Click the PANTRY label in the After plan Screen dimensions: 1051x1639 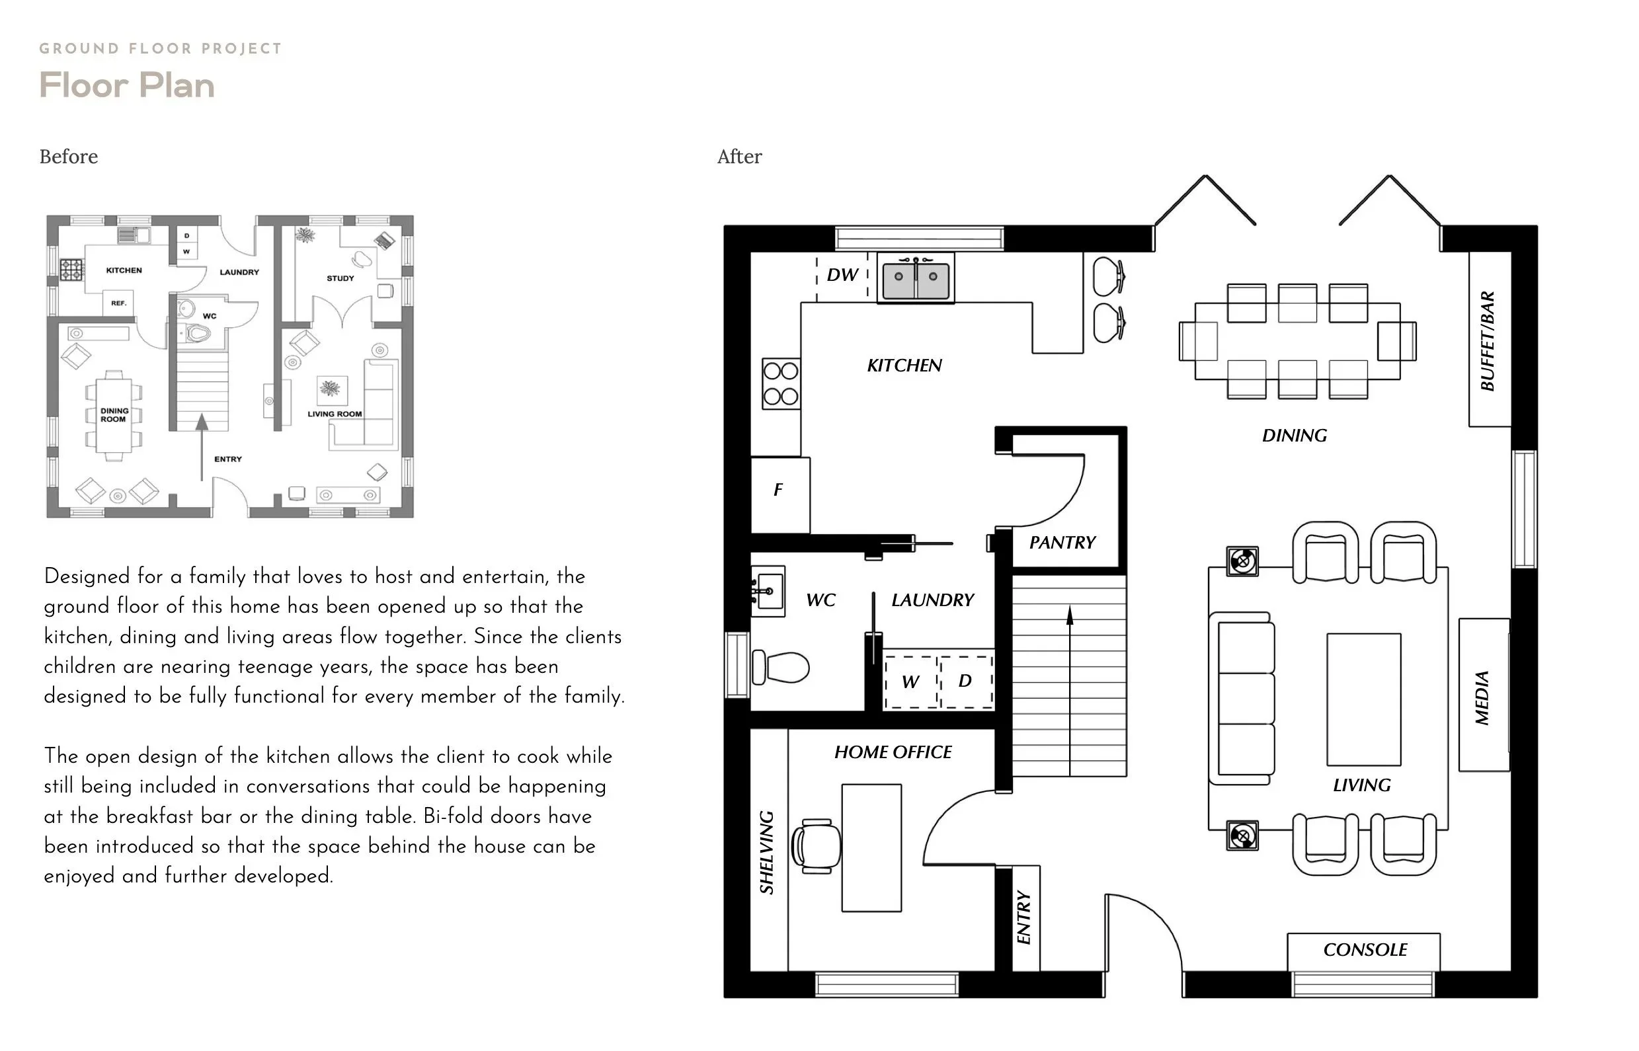click(x=1062, y=543)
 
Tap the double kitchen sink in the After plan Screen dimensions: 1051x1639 click(x=916, y=278)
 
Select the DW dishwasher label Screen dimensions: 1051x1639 click(x=842, y=275)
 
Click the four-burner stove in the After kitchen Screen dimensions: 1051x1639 click(x=780, y=384)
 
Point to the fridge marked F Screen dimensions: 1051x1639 click(x=779, y=490)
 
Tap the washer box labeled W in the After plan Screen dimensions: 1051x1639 click(x=910, y=681)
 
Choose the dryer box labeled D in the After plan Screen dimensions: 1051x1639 click(x=965, y=680)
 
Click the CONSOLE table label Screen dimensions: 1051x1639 click(x=1364, y=950)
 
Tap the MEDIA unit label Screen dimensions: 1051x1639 click(x=1482, y=697)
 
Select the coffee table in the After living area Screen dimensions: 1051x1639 click(x=1363, y=699)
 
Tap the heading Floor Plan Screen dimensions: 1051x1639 click(x=127, y=86)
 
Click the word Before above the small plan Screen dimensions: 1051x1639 click(x=68, y=157)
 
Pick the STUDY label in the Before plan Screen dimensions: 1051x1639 click(x=340, y=278)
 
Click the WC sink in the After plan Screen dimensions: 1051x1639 click(x=768, y=591)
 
